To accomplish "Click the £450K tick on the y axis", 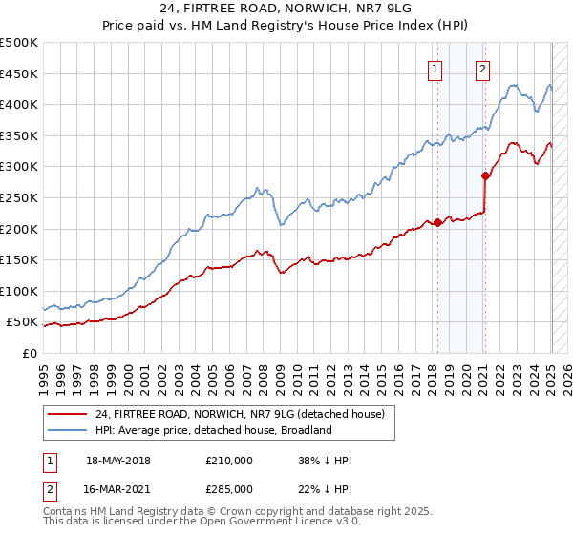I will pos(19,73).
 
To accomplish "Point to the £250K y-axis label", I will pos(19,197).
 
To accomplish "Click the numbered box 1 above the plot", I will pos(435,68).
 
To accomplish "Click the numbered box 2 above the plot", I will pos(483,68).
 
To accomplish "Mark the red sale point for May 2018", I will pos(437,222).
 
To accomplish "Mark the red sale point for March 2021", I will pos(485,175).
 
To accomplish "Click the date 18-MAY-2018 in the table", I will pos(118,461).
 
